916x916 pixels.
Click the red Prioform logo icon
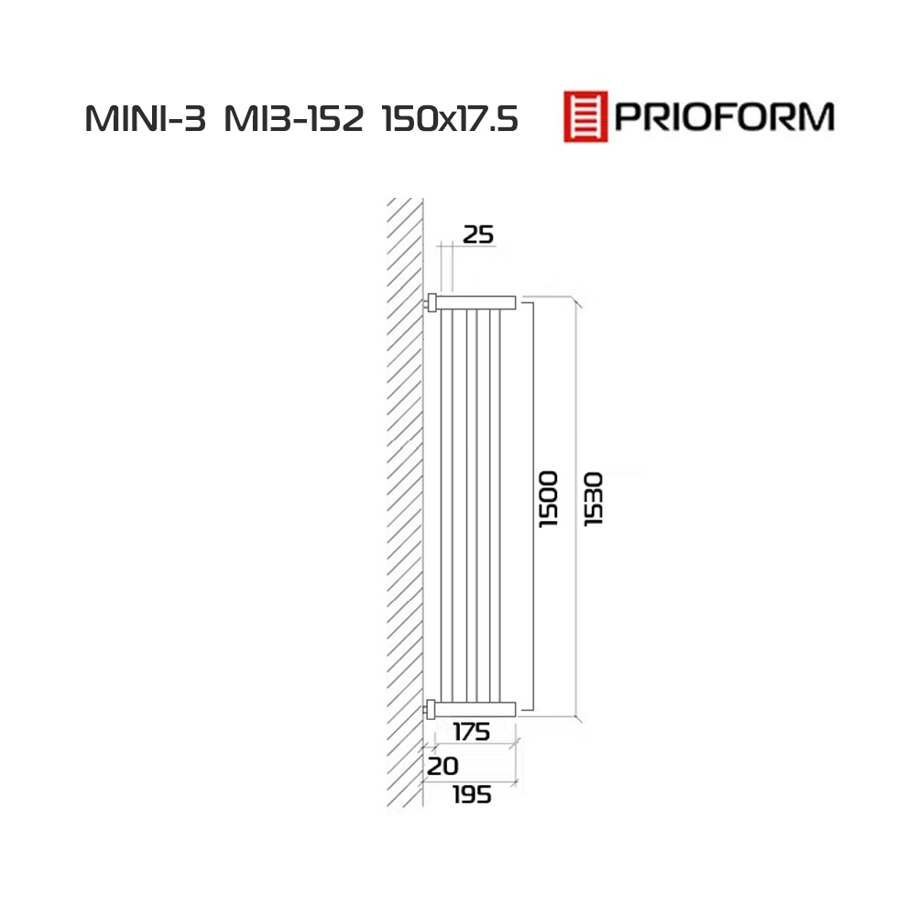coord(585,116)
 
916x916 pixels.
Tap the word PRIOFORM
coord(725,117)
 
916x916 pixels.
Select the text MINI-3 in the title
coord(146,119)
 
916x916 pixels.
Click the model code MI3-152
coord(294,119)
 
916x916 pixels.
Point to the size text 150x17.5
coord(450,119)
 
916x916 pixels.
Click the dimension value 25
coord(478,234)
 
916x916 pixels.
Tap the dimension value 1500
coord(548,499)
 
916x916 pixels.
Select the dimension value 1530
coord(594,499)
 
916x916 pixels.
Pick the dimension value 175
coord(472,732)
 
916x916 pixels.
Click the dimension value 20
coord(442,766)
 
